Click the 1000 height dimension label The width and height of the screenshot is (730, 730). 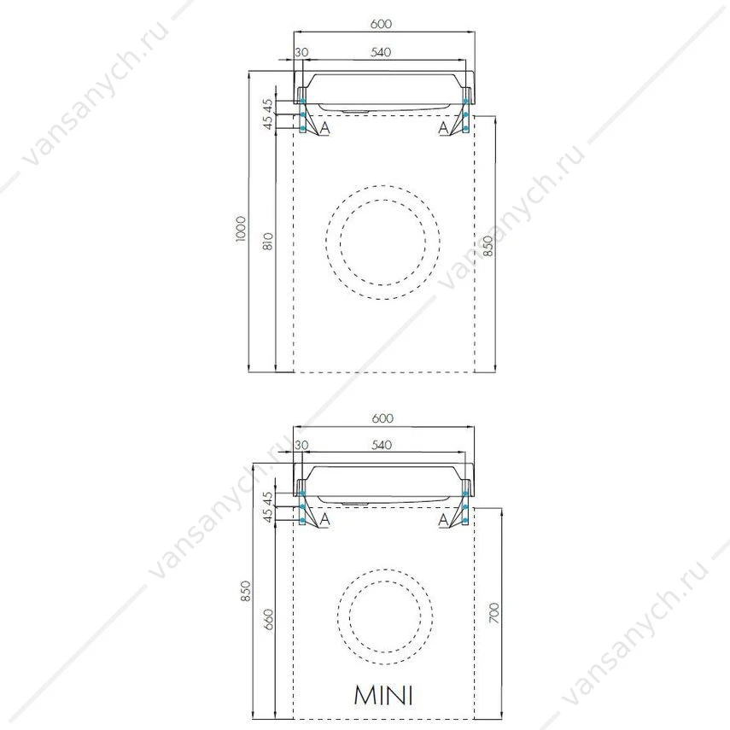tap(240, 229)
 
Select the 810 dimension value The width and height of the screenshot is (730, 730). tap(268, 241)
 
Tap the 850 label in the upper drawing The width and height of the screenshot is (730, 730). tap(488, 245)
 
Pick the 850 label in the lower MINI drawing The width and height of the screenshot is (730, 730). tap(245, 591)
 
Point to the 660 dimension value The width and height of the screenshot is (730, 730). tap(269, 620)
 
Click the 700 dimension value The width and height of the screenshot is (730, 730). tap(494, 613)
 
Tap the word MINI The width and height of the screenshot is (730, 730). tap(383, 695)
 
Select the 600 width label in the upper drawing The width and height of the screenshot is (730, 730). tap(381, 23)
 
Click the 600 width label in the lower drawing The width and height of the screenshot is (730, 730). tap(383, 418)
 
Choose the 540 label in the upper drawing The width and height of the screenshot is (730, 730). tap(381, 52)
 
